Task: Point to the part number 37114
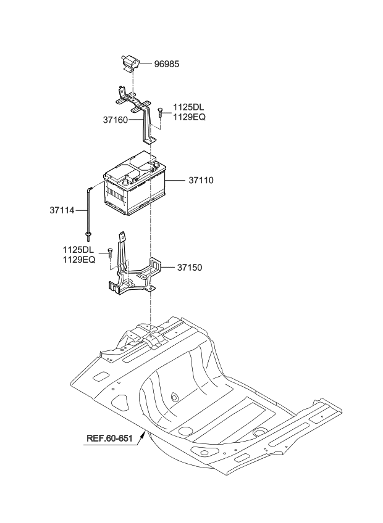(x=62, y=210)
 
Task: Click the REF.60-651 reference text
(x=109, y=439)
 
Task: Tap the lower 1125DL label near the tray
(x=78, y=250)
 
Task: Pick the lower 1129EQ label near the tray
(x=78, y=260)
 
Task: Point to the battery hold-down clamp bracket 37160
(x=140, y=111)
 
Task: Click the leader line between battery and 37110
(x=176, y=181)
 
